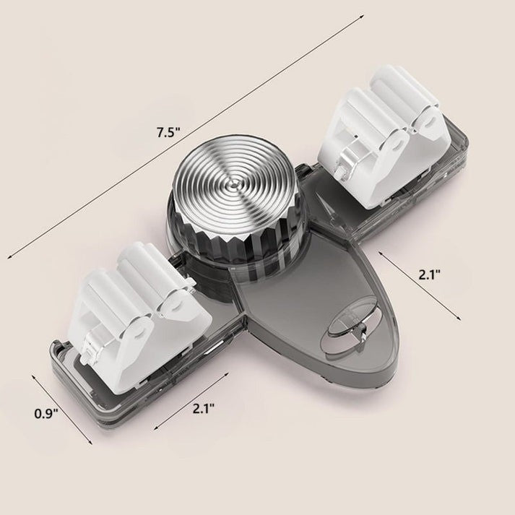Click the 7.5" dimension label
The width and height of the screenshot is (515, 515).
click(168, 132)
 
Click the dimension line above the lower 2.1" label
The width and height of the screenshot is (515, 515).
click(192, 394)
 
